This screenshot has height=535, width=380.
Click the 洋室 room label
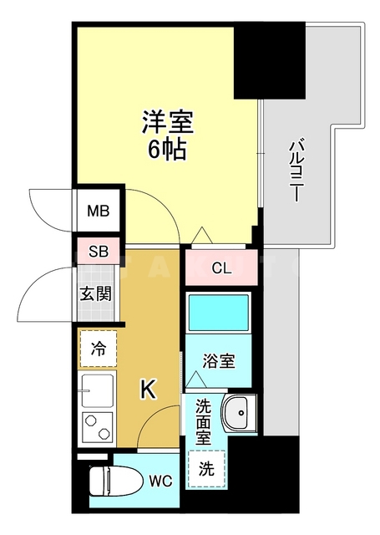[x=167, y=123]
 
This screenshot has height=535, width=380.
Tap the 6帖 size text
[x=167, y=150]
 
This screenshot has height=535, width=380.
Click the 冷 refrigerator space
[x=98, y=349]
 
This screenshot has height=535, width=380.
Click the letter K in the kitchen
[x=147, y=389]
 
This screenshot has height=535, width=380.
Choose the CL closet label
[x=220, y=268]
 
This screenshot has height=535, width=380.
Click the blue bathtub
[x=218, y=313]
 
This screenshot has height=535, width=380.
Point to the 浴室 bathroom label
[x=220, y=362]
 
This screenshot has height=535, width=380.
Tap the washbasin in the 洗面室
[x=238, y=413]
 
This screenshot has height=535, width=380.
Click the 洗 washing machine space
[x=205, y=469]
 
